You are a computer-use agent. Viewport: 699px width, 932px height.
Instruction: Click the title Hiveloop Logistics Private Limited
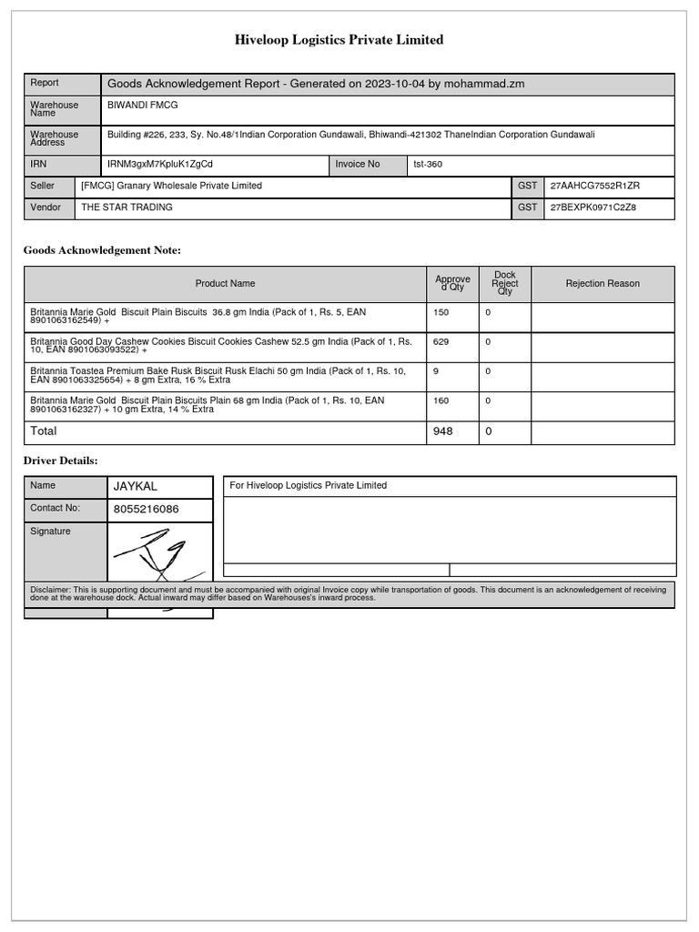tap(339, 40)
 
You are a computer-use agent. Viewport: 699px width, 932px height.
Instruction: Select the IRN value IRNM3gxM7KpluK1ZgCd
tap(160, 165)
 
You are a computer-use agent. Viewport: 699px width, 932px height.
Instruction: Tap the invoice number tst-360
tap(428, 165)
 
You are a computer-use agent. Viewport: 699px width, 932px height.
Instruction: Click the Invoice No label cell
tap(358, 165)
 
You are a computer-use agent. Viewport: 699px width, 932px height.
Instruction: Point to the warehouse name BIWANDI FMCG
tap(144, 105)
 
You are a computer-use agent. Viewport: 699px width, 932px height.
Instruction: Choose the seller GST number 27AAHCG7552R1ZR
tap(595, 186)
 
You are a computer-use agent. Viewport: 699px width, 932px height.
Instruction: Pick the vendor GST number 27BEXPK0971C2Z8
tap(593, 208)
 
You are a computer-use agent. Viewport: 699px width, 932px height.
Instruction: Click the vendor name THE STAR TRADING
tap(127, 208)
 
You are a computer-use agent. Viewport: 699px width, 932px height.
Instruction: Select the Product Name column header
tap(225, 284)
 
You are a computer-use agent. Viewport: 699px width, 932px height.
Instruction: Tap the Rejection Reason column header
tap(603, 284)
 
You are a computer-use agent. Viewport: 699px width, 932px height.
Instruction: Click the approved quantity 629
tap(441, 342)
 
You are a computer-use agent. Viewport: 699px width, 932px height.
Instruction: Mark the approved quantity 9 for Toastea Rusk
tap(436, 371)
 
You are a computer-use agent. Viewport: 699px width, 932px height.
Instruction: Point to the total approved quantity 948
tap(443, 431)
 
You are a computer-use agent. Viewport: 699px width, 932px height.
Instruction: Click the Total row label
tap(44, 431)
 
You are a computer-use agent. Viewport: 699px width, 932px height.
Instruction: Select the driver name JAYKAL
tap(136, 487)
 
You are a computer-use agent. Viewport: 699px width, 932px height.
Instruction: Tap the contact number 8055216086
tap(146, 510)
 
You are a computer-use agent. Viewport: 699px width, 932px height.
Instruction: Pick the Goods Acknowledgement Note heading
tap(102, 250)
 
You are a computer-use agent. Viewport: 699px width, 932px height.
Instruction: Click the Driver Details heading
tap(60, 461)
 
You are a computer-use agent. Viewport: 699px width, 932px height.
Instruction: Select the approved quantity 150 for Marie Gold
tap(441, 312)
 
